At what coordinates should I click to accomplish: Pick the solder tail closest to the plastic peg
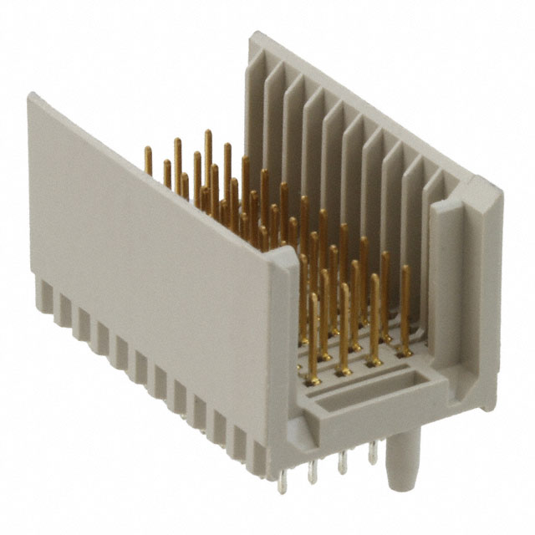[x=373, y=452]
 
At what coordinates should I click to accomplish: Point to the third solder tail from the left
[x=343, y=462]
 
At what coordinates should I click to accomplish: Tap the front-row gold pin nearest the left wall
[x=313, y=334]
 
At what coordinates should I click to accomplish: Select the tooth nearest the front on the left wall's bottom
[x=258, y=456]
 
